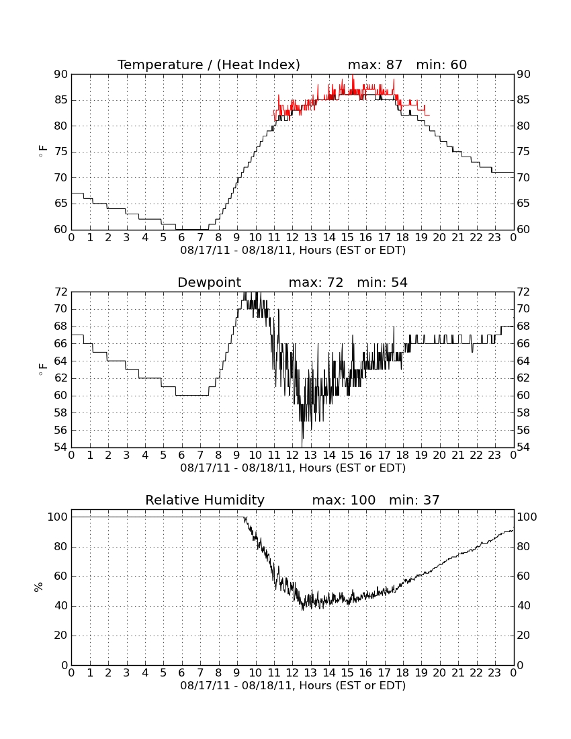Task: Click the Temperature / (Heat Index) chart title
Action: [x=209, y=64]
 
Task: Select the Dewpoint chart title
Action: [x=209, y=282]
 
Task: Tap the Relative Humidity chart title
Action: [x=205, y=500]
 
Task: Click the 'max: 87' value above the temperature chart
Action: [x=375, y=64]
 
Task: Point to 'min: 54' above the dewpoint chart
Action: [x=382, y=282]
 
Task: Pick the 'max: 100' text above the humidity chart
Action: [x=344, y=500]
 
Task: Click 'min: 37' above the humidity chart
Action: [x=414, y=500]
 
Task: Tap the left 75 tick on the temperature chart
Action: [x=62, y=152]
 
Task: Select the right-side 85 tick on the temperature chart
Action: [x=523, y=100]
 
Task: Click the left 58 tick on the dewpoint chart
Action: [x=62, y=413]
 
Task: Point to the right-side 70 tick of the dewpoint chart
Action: [x=523, y=309]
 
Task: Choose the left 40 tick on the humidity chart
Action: [x=62, y=606]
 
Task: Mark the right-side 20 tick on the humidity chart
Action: [x=523, y=636]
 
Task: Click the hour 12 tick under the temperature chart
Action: [x=292, y=238]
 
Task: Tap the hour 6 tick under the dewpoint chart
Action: [x=182, y=455]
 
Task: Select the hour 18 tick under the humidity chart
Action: [x=403, y=673]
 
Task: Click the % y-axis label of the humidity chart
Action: [x=39, y=587]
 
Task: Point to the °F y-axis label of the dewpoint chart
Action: [x=42, y=369]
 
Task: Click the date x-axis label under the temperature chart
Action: [x=293, y=251]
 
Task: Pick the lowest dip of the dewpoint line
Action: [x=302, y=446]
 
